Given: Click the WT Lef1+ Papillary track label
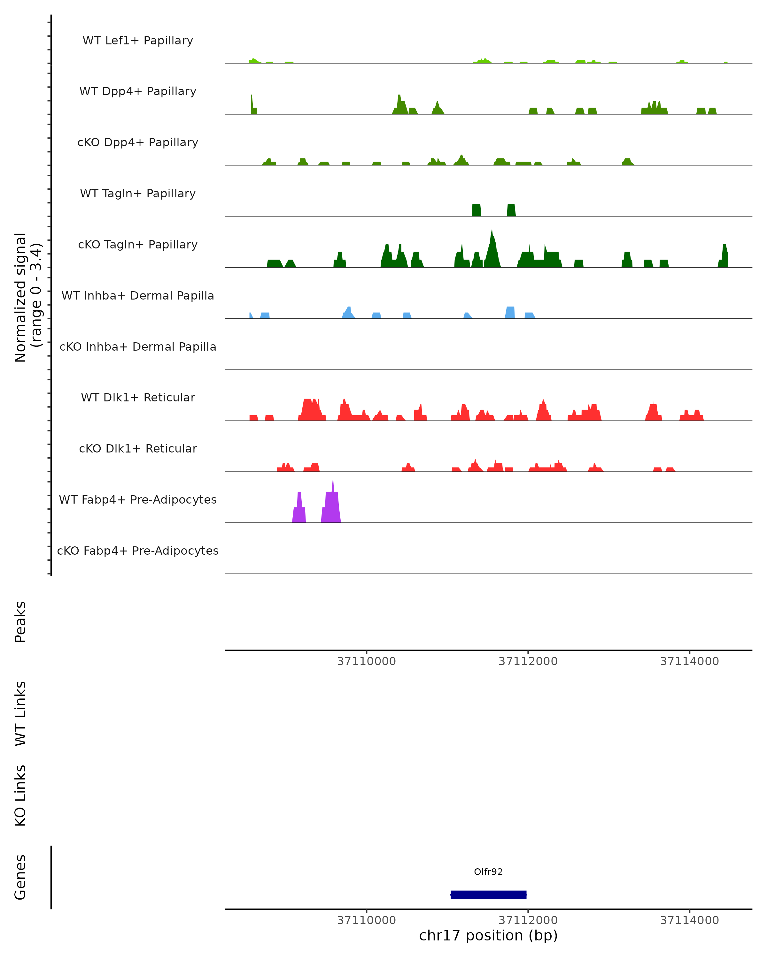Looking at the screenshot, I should click(x=138, y=41).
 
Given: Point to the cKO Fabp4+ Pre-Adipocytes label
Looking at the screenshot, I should click(x=138, y=551).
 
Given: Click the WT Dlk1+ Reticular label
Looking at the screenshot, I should click(x=138, y=397).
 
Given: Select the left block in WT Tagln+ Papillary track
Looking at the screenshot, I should click(x=476, y=210).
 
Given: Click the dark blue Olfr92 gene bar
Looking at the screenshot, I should click(x=488, y=894).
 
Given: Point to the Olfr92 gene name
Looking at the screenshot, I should click(x=488, y=872).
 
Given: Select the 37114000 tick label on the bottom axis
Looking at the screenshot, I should click(x=689, y=920).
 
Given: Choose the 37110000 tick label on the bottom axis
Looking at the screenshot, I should click(x=366, y=920).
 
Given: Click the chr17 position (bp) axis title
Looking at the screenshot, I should click(x=488, y=936).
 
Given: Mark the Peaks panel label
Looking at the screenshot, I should click(x=20, y=622).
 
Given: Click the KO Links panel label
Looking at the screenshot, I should click(x=20, y=796).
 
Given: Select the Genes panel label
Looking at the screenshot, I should click(x=20, y=878).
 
